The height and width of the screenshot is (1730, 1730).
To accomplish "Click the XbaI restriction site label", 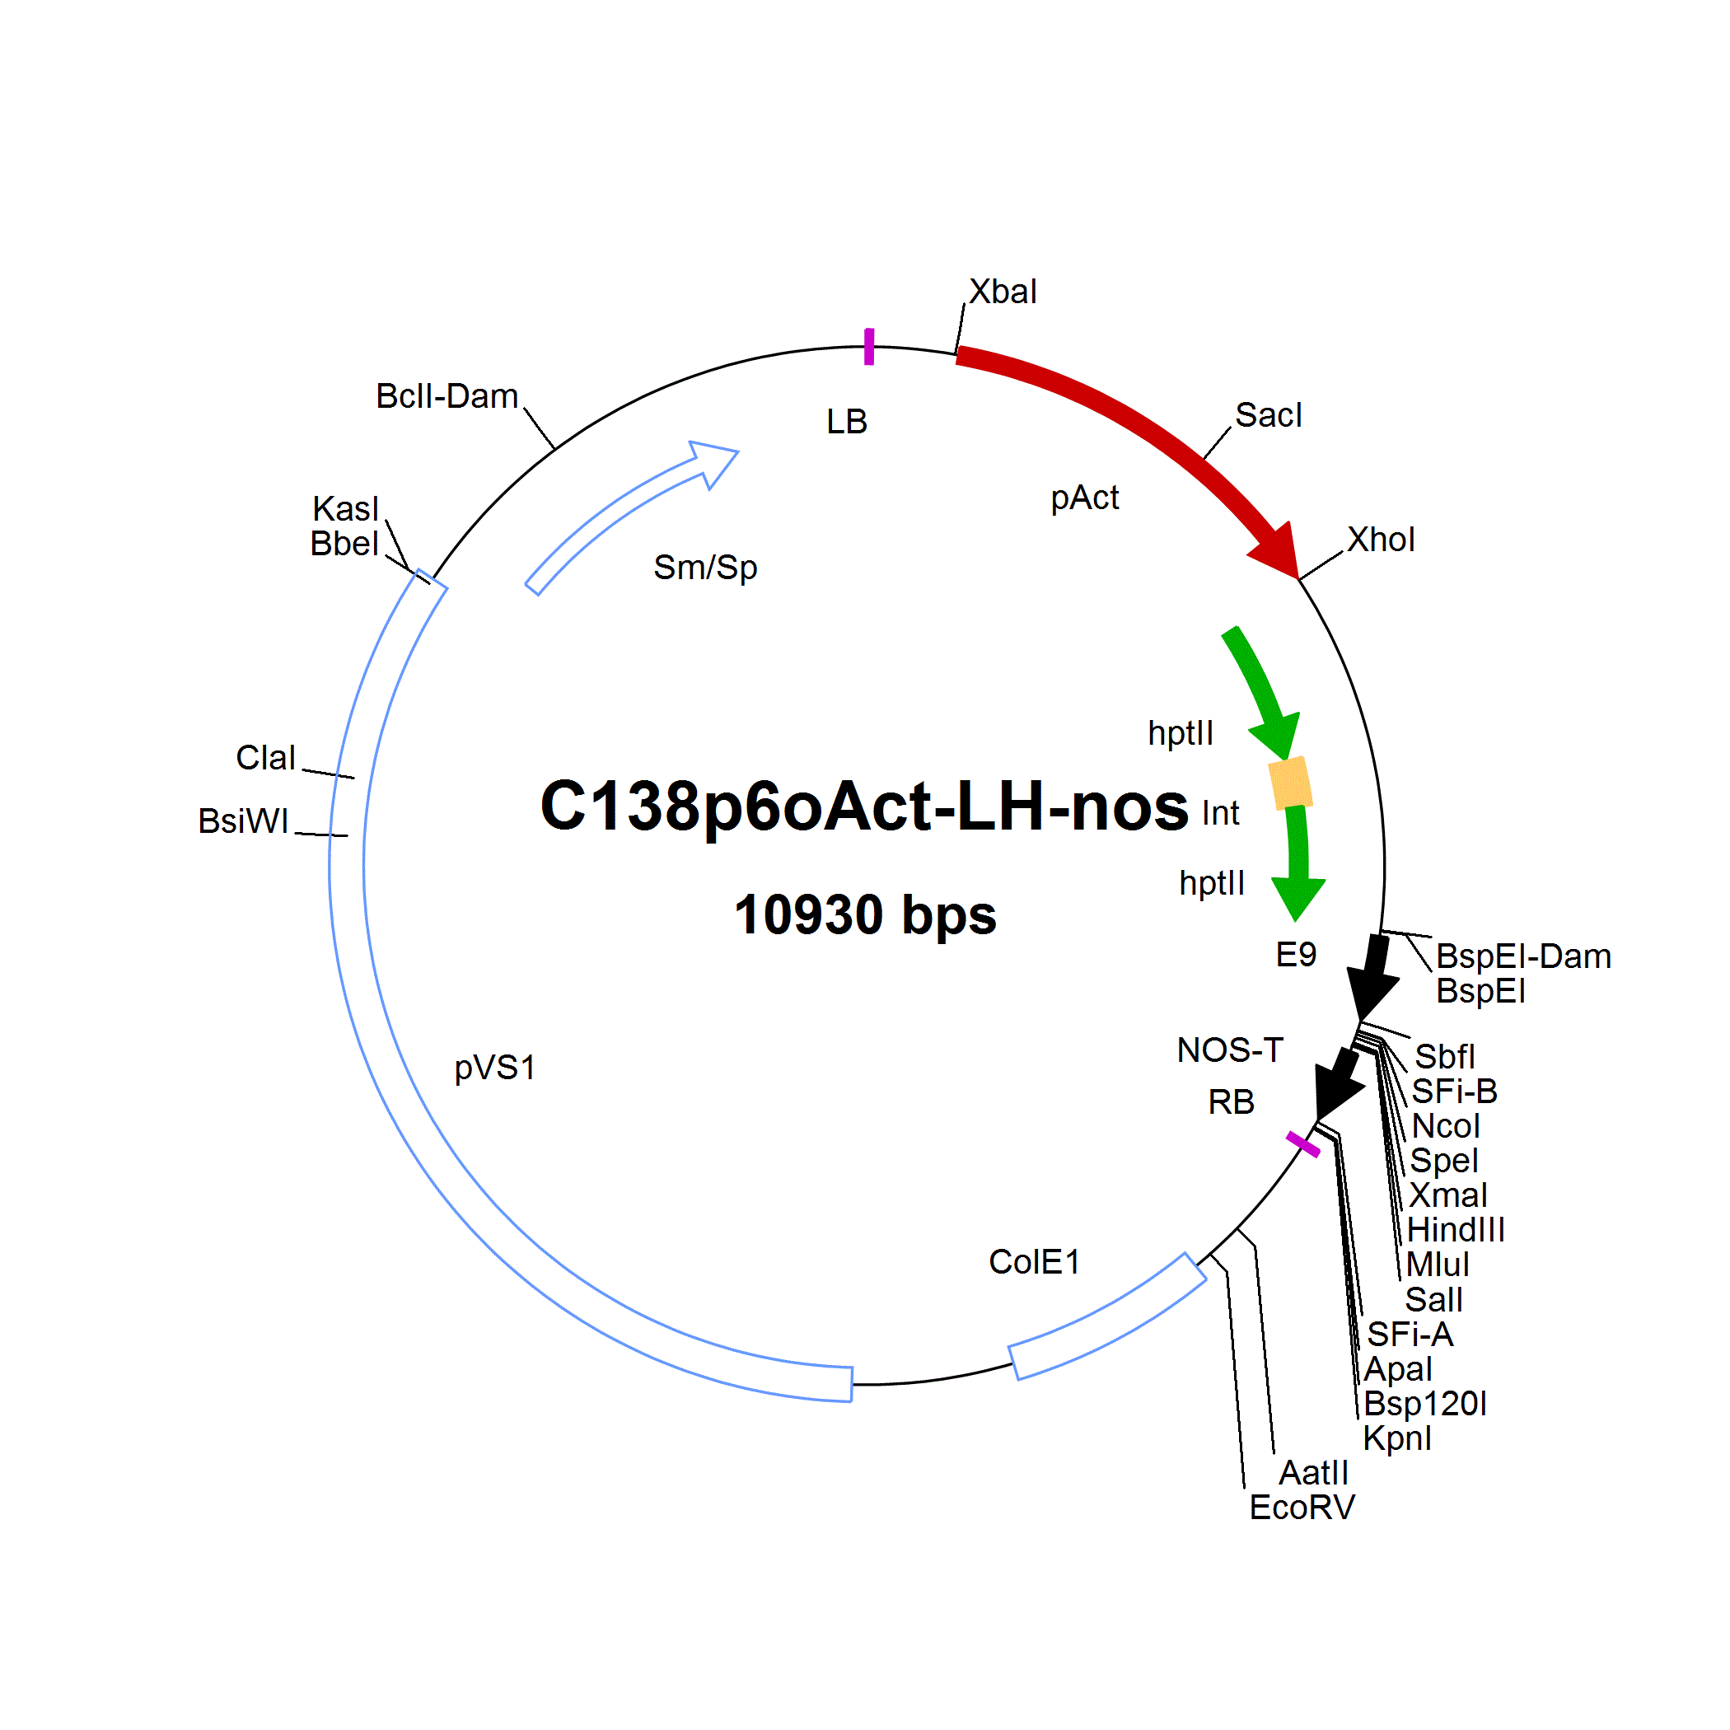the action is [1002, 292].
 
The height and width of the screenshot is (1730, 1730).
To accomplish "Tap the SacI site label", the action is [1268, 415].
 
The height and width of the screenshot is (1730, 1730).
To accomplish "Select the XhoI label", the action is [1381, 540].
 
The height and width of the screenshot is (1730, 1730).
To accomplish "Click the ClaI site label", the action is [265, 758].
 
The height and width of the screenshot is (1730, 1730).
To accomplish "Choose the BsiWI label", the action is [244, 821].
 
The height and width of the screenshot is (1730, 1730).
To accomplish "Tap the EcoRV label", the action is [1302, 1508].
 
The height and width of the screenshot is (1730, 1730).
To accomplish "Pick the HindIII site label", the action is [1456, 1230].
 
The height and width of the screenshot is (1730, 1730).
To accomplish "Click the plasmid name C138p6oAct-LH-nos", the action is [864, 806].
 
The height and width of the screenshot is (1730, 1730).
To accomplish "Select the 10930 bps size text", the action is [865, 915].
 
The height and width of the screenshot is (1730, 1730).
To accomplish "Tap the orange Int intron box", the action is [1290, 783].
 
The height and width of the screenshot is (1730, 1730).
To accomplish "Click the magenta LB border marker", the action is [868, 347].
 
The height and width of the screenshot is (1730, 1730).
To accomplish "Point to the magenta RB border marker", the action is [1303, 1144].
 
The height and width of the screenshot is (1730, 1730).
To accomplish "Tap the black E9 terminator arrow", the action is [1372, 978].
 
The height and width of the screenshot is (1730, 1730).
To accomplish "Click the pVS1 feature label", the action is [495, 1068].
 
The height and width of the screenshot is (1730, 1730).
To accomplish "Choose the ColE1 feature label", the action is [1034, 1263].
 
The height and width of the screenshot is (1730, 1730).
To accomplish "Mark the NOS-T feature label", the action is [1230, 1050].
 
